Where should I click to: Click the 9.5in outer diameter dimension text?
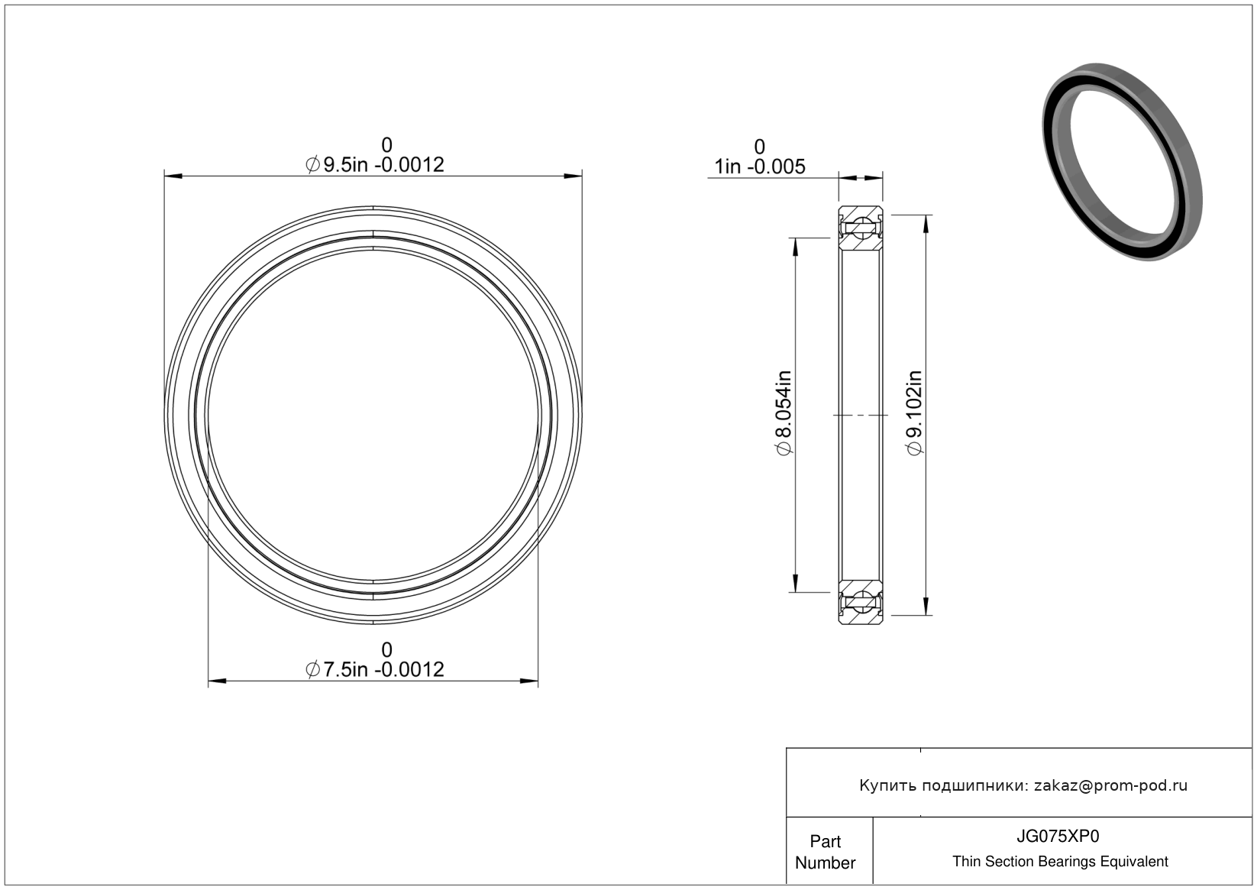pos(374,164)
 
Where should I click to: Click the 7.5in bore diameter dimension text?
pos(374,669)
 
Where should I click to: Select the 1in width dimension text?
pos(759,167)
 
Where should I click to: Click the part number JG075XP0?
pos(1058,836)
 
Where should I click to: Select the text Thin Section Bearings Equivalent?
pos(1060,862)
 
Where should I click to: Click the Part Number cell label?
pos(825,852)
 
